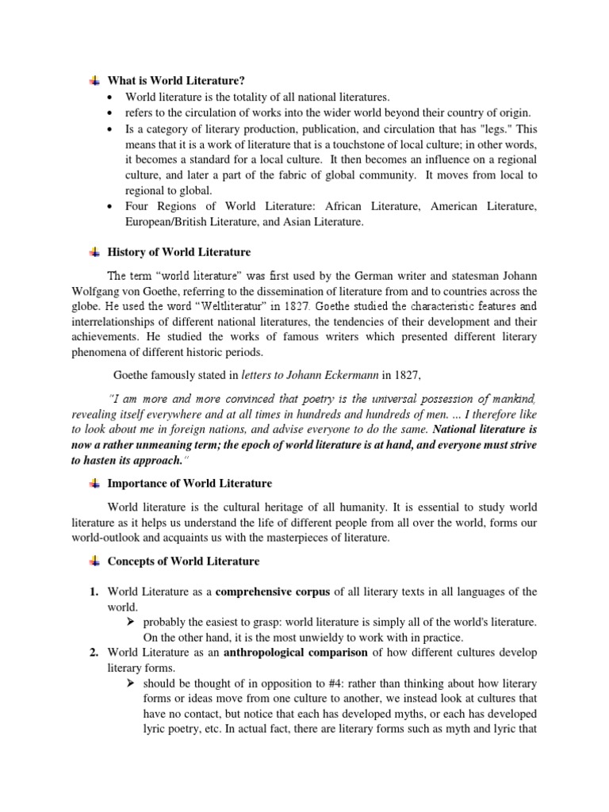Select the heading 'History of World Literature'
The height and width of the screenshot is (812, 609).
click(179, 252)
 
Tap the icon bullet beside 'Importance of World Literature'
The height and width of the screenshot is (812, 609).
click(94, 483)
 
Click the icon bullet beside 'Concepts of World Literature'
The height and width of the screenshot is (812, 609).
click(94, 561)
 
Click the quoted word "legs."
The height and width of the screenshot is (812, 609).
click(495, 129)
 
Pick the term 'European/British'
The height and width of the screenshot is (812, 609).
click(166, 223)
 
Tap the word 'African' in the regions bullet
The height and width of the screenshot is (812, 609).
click(365, 207)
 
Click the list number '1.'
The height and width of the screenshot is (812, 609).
click(94, 592)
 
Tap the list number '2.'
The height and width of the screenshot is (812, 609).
click(94, 653)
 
